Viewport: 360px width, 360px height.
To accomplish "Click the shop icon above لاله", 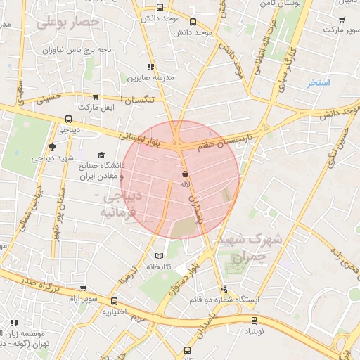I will [185, 173].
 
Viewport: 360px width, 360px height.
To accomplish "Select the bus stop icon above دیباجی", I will [68, 119].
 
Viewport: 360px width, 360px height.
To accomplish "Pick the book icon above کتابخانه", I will [158, 256].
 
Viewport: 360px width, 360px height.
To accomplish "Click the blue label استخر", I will [319, 83].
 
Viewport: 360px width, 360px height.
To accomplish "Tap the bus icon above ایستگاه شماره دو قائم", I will [224, 288].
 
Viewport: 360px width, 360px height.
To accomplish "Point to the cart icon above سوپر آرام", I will [83, 288].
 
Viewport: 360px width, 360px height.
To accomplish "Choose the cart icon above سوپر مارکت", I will [342, 20].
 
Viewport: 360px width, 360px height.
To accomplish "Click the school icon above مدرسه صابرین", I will [150, 67].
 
